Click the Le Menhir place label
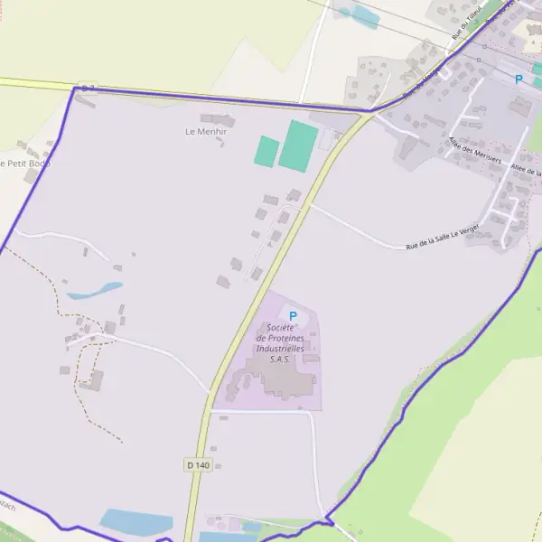point(206,131)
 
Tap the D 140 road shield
point(198,464)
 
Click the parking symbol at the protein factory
point(293,316)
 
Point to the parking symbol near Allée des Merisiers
point(519,79)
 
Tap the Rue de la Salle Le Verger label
point(443,238)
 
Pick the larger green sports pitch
point(298,146)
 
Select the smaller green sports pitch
point(266,151)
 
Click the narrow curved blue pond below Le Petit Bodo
point(95,291)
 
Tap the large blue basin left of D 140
point(135,522)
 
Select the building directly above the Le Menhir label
point(218,119)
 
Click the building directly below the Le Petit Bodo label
point(31,176)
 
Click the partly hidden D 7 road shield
point(86,88)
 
